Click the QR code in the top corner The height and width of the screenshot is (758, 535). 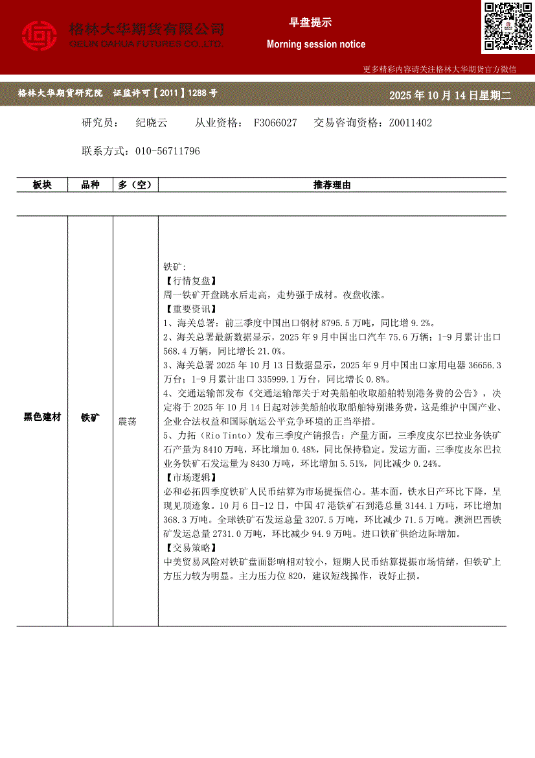coord(507,26)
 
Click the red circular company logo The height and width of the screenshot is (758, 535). coord(40,36)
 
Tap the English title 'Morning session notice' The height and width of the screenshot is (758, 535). coord(316,45)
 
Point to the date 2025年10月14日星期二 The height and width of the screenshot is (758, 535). coord(450,95)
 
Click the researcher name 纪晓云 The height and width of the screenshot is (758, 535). coord(151,123)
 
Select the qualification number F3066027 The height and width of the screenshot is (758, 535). coord(275,123)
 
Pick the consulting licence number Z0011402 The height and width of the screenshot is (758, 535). coord(410,123)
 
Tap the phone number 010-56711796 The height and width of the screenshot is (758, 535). coord(167,151)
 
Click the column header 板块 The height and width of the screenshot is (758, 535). coord(42,185)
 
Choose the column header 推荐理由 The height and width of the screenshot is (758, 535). coord(332,185)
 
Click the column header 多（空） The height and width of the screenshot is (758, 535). coord(135,185)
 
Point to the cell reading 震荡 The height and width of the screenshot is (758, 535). coord(127,421)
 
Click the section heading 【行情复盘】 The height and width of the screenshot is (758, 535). coord(188,281)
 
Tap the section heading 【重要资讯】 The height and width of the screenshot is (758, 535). coord(188,309)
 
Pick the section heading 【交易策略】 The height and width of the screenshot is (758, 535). coord(188,547)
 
